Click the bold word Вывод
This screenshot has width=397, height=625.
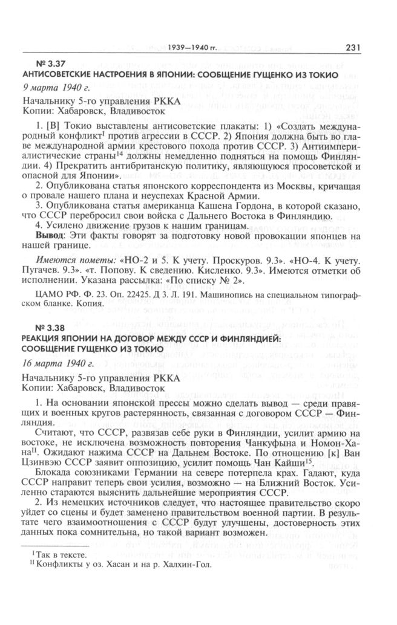(x=48, y=236)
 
